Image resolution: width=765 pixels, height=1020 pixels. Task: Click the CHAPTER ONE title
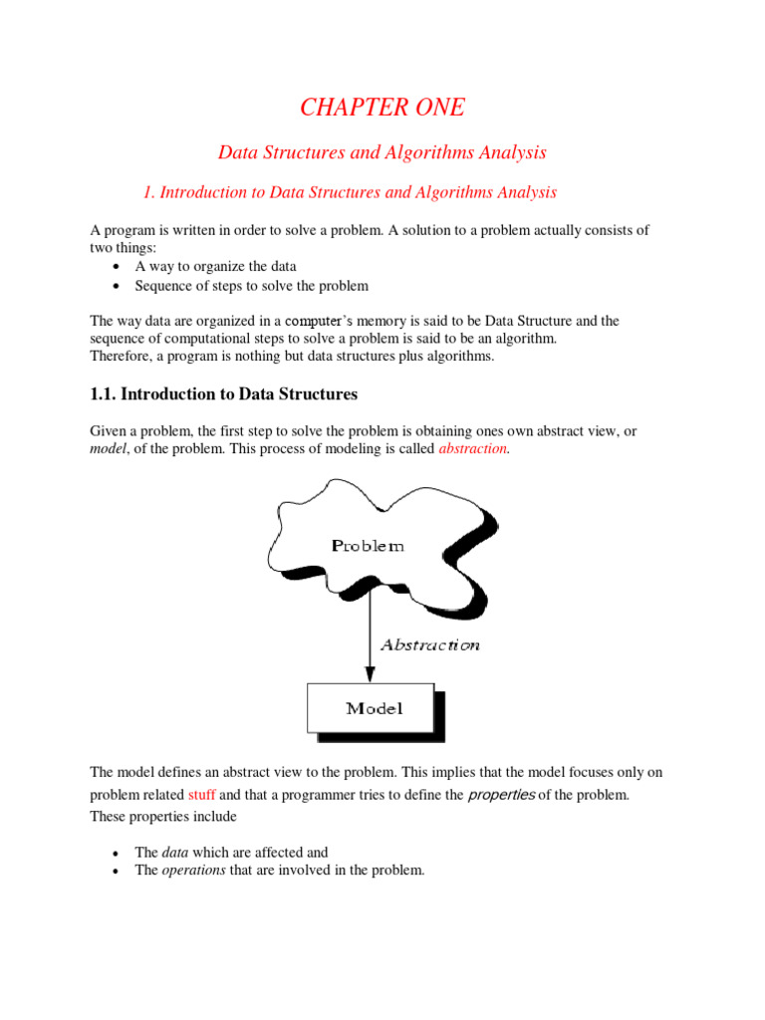pyautogui.click(x=382, y=108)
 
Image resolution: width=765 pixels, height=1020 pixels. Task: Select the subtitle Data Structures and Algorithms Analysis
pyautogui.click(x=382, y=152)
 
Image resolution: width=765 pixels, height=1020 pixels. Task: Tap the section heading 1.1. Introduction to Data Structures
pyautogui.click(x=223, y=394)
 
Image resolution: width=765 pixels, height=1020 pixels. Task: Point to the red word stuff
pyautogui.click(x=202, y=795)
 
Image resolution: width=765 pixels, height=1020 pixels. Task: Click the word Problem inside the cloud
pyautogui.click(x=368, y=545)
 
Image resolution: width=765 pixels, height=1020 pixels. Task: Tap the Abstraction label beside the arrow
pyautogui.click(x=429, y=644)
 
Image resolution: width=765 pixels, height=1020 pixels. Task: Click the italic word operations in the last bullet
pyautogui.click(x=194, y=870)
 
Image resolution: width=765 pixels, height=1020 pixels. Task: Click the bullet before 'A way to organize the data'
pyautogui.click(x=117, y=268)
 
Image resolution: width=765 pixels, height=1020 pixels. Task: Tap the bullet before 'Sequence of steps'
pyautogui.click(x=117, y=287)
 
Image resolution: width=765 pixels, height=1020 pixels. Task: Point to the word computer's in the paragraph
pyautogui.click(x=318, y=321)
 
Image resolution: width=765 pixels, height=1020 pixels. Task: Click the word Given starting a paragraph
pyautogui.click(x=110, y=430)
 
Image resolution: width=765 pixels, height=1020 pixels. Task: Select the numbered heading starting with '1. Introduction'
pyautogui.click(x=351, y=192)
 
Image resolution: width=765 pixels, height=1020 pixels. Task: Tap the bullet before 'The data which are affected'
pyautogui.click(x=117, y=854)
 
